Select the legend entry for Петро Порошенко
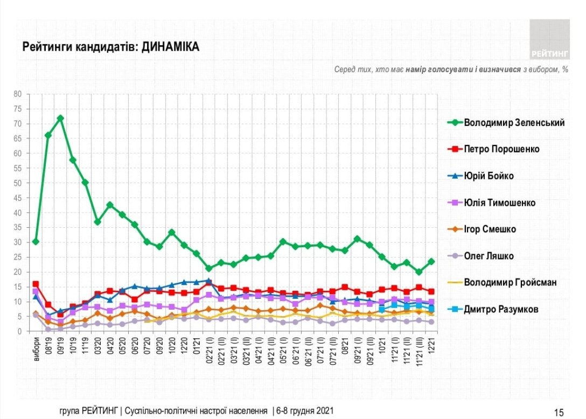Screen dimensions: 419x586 (x=501, y=149)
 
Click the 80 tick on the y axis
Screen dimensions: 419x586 (x=18, y=94)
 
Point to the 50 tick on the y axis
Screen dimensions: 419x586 (x=18, y=183)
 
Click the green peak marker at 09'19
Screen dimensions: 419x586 (x=60, y=118)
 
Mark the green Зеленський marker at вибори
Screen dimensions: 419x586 (x=36, y=241)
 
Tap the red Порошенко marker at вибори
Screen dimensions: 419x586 (x=36, y=284)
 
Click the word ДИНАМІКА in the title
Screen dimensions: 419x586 (x=171, y=47)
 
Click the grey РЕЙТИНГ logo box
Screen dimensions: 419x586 (x=549, y=39)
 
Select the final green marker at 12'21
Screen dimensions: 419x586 (x=431, y=262)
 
